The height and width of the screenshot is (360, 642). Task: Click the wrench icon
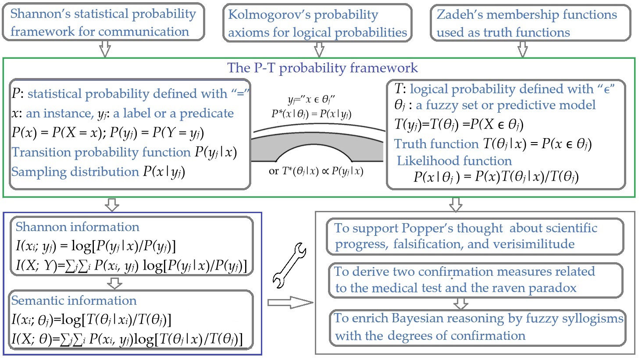[x=289, y=266]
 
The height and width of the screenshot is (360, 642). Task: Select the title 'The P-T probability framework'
[x=322, y=68]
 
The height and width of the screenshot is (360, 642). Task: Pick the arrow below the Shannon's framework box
[x=104, y=49]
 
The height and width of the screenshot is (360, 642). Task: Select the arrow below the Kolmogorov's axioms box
[x=319, y=50]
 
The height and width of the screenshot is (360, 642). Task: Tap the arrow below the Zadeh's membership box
[x=522, y=50]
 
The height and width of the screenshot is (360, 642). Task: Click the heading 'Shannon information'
[x=77, y=227]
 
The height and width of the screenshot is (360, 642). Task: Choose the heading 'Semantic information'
[x=74, y=300]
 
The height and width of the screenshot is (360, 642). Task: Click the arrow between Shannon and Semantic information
[x=114, y=284]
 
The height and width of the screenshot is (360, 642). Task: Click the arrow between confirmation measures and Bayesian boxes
[x=460, y=303]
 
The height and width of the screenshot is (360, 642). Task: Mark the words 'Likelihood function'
[x=454, y=160]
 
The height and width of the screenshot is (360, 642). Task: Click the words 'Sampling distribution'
[x=75, y=171]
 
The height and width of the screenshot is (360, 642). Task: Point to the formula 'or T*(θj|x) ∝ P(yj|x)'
[x=316, y=171]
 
